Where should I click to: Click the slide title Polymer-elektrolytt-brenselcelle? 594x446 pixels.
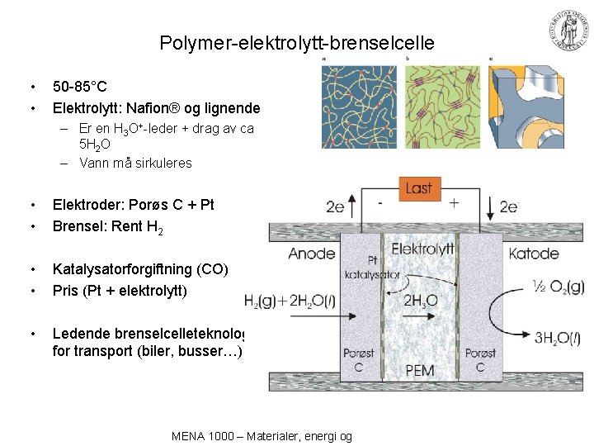click(x=297, y=43)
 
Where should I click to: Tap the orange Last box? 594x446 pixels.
click(x=418, y=187)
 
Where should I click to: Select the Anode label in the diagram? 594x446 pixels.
click(x=311, y=254)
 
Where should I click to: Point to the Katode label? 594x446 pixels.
click(x=534, y=254)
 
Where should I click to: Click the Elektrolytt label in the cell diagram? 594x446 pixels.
click(x=422, y=248)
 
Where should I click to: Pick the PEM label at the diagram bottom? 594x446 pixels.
click(x=420, y=370)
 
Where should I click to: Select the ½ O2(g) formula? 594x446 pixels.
click(x=558, y=287)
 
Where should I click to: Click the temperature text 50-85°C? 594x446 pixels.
click(x=80, y=86)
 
